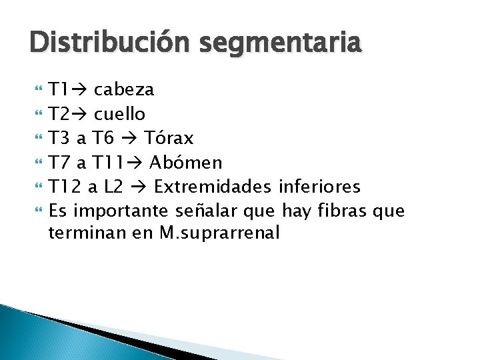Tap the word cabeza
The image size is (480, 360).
pos(124,89)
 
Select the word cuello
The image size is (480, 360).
pos(120,114)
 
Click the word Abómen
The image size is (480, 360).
pos(186,162)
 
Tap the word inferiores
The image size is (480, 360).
pos(319,186)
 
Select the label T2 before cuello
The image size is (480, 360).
pos(59,114)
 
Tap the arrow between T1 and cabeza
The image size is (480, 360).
pos(79,89)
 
